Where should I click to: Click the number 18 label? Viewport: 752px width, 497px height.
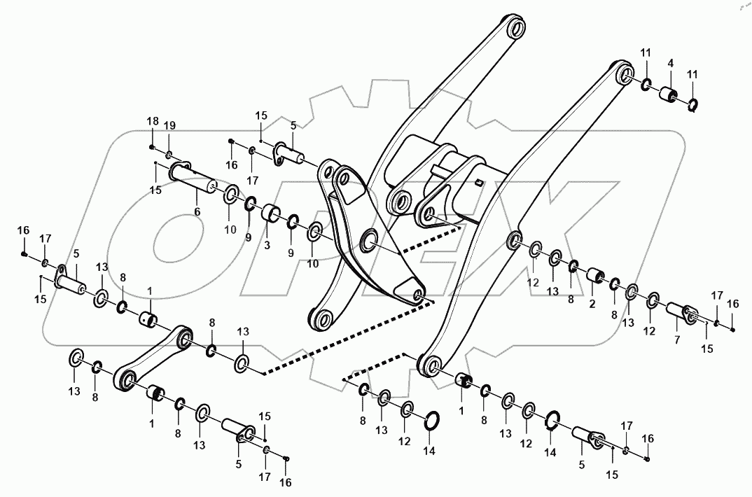point(153,122)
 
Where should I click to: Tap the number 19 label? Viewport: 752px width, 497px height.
point(169,126)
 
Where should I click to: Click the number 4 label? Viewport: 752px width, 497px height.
point(670,63)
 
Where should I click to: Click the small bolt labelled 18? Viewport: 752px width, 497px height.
point(151,146)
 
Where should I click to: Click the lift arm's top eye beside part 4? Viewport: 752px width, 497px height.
point(625,72)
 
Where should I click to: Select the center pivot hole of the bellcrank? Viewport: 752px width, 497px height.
point(369,242)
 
